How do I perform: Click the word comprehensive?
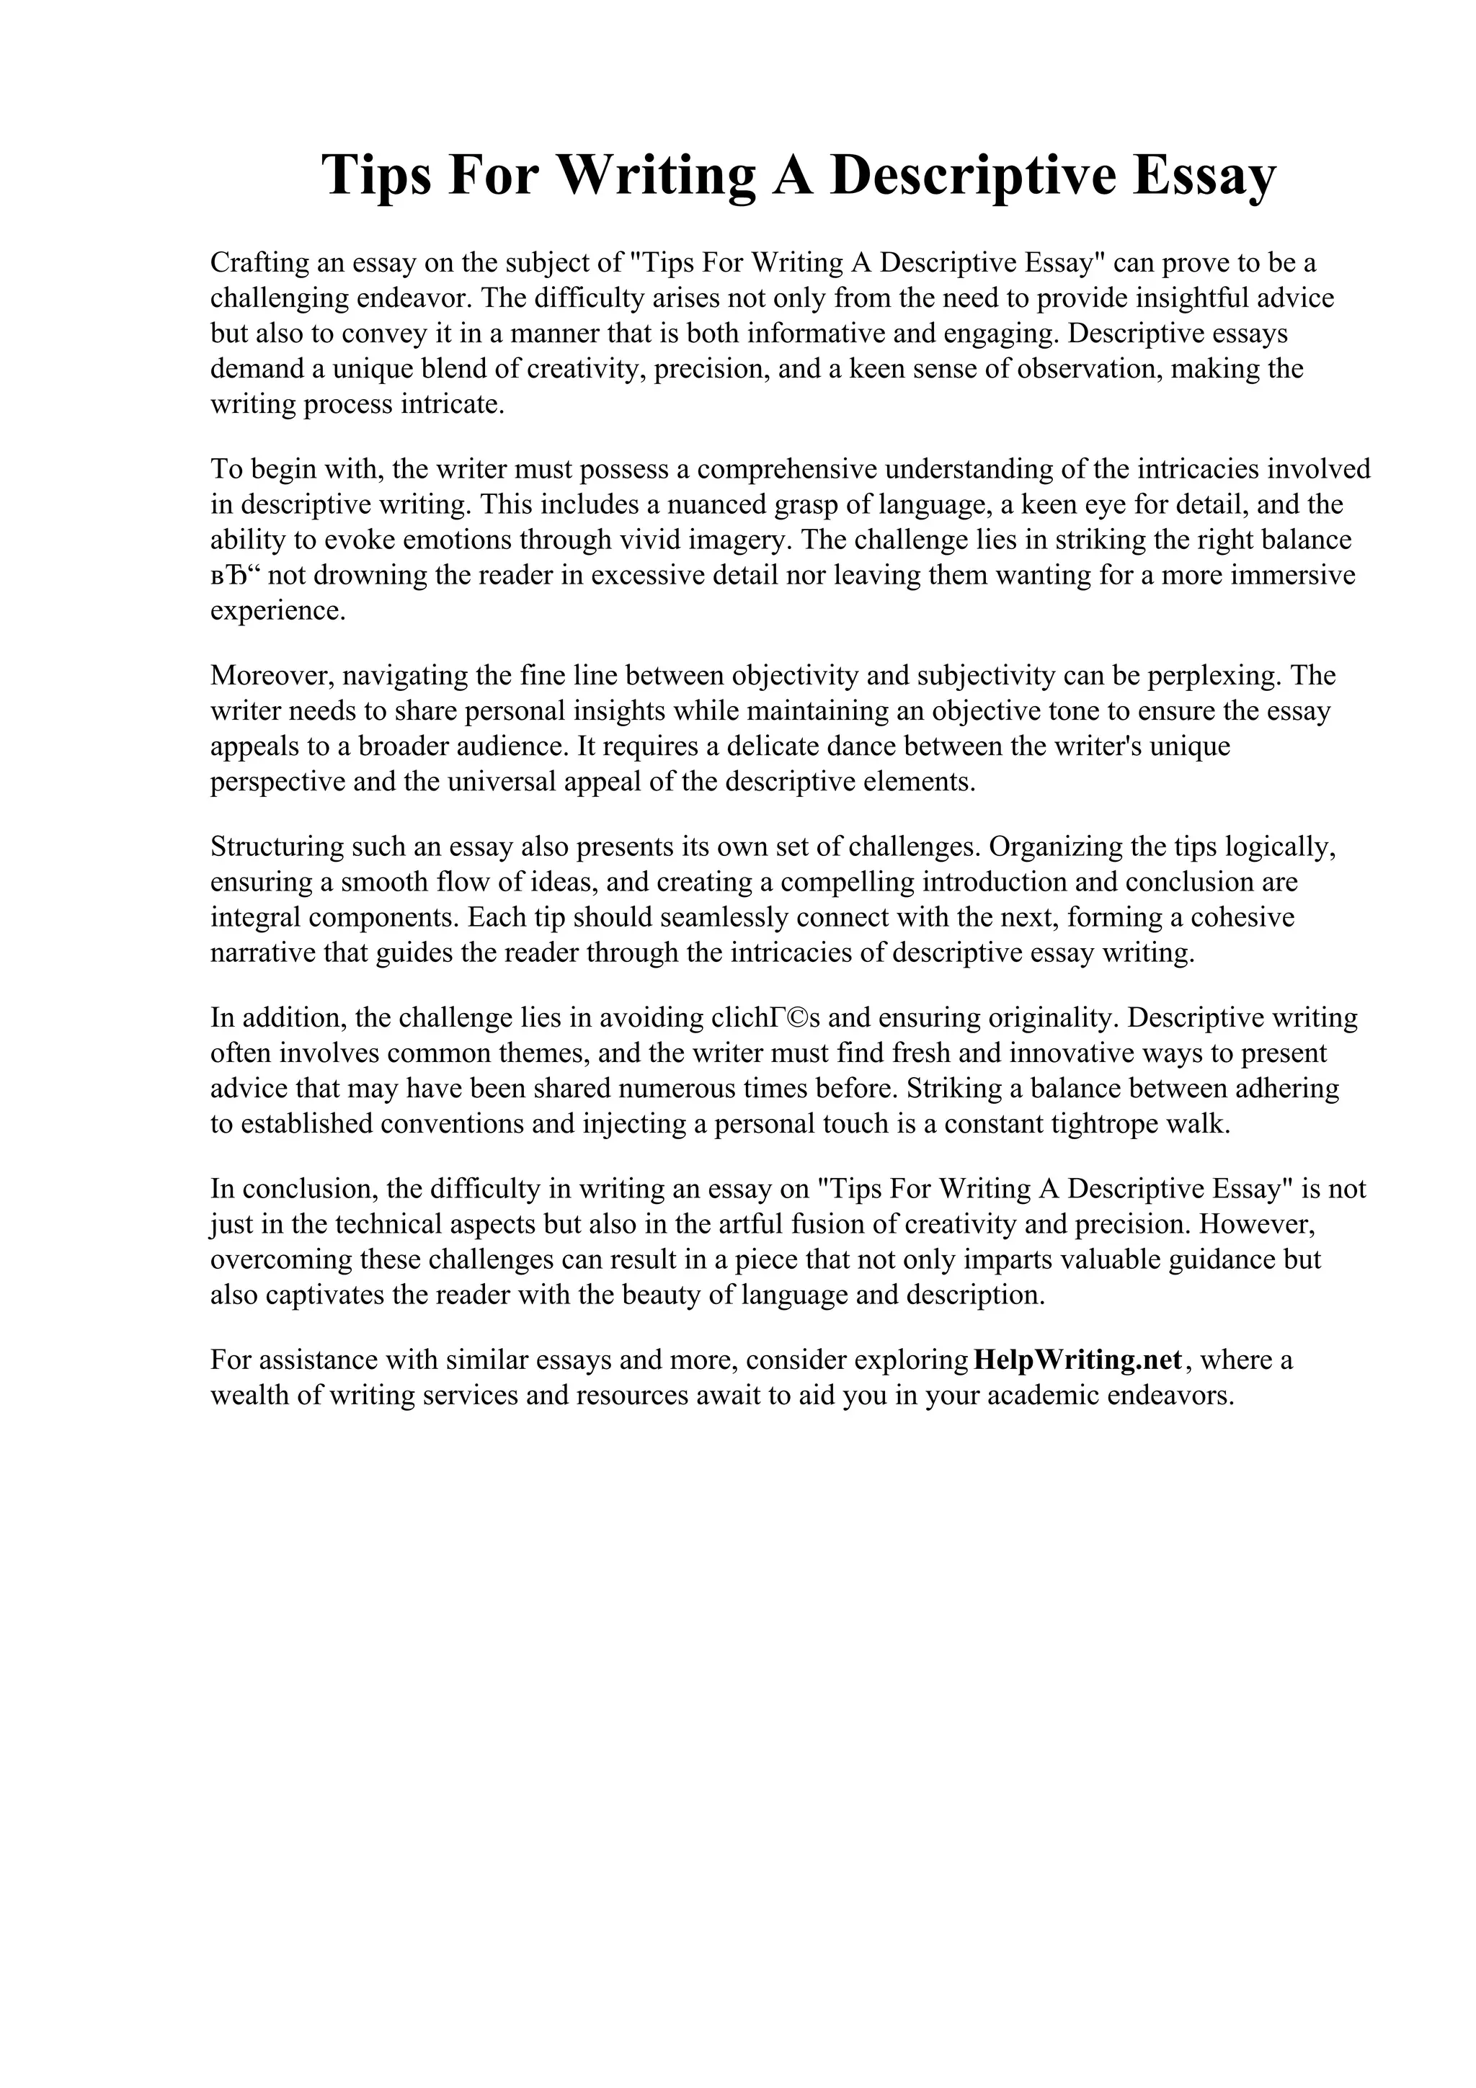click(x=787, y=469)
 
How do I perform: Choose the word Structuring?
click(x=277, y=847)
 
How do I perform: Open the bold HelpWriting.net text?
click(x=1077, y=1360)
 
